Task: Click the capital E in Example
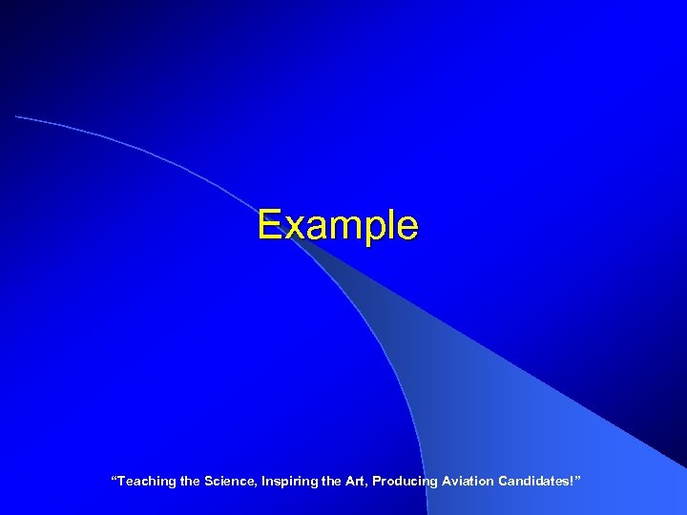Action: pyautogui.click(x=269, y=226)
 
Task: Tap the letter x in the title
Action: pyautogui.click(x=290, y=228)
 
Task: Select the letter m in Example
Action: pyautogui.click(x=339, y=228)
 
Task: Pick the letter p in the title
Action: pyautogui.click(x=370, y=232)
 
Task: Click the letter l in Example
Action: pyautogui.click(x=387, y=225)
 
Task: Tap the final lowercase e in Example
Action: pyautogui.click(x=406, y=228)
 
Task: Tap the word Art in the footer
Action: pyautogui.click(x=355, y=482)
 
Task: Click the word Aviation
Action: pyautogui.click(x=467, y=482)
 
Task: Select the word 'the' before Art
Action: pyautogui.click(x=330, y=482)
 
